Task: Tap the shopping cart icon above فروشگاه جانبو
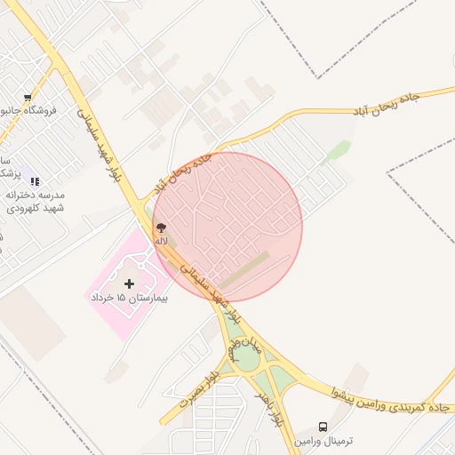pyautogui.click(x=28, y=97)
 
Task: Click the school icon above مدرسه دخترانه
pyautogui.click(x=35, y=181)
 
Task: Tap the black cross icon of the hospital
pyautogui.click(x=130, y=283)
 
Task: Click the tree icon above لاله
pyautogui.click(x=161, y=229)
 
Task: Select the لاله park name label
pyautogui.click(x=161, y=241)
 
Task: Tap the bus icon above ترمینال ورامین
pyautogui.click(x=323, y=427)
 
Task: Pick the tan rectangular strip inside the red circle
pyautogui.click(x=243, y=271)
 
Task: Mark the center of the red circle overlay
pyautogui.click(x=227, y=227)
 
